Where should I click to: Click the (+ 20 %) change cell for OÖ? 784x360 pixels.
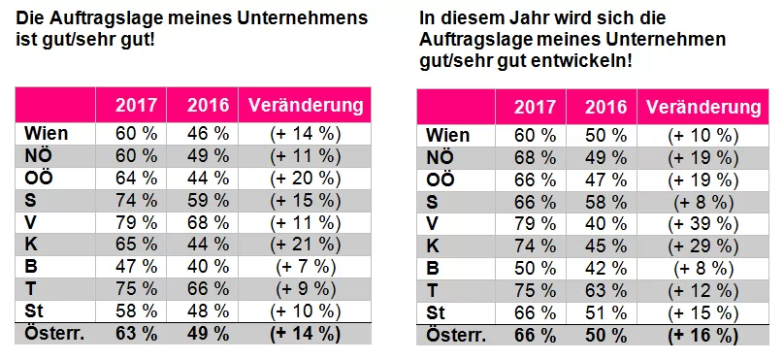tap(306, 178)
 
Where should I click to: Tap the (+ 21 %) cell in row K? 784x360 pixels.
tap(306, 245)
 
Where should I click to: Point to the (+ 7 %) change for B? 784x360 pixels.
tap(306, 267)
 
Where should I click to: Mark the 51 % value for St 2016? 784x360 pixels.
tap(603, 311)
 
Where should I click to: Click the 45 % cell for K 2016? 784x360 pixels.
tap(603, 244)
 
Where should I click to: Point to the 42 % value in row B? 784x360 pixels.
tap(603, 266)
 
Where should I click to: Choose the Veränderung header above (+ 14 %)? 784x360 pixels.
tap(306, 105)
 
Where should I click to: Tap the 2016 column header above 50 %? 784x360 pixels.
tap(603, 106)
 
